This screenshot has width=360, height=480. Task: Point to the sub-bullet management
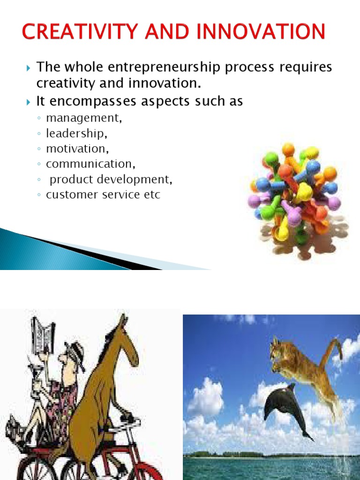84,118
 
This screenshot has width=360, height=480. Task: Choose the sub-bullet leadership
76,133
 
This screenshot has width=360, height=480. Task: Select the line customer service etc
103,195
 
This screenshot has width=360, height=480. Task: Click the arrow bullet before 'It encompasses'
28,101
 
